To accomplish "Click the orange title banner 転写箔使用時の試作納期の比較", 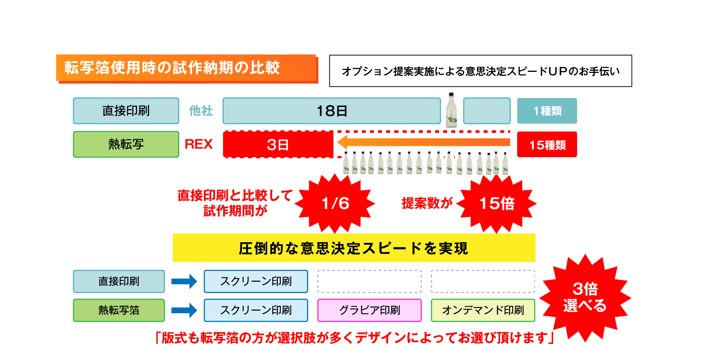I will pos(186,68).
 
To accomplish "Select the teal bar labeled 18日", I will pos(332,111).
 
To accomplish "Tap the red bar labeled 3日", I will pos(278,145).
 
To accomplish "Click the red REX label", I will pos(199,144).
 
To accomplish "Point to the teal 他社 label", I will pos(201,111).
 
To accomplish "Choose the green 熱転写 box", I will pos(126,144).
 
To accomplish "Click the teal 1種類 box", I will pos(547,111).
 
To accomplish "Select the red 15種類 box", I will pos(547,145).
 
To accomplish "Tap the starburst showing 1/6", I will pos(335,204).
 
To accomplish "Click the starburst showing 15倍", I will pos(496,204).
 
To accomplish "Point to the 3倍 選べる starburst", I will pos(585,297).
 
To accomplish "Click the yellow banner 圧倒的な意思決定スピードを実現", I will pos(354,248).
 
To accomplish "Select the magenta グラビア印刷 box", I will pos(369,310).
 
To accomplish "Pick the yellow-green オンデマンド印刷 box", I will pos(483,310).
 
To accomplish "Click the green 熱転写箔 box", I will pos(119,310).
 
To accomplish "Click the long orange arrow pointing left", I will pos(423,142).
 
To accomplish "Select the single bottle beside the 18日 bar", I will pos(452,110).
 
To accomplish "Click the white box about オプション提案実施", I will pos(480,71).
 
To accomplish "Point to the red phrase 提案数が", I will pos(427,203).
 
